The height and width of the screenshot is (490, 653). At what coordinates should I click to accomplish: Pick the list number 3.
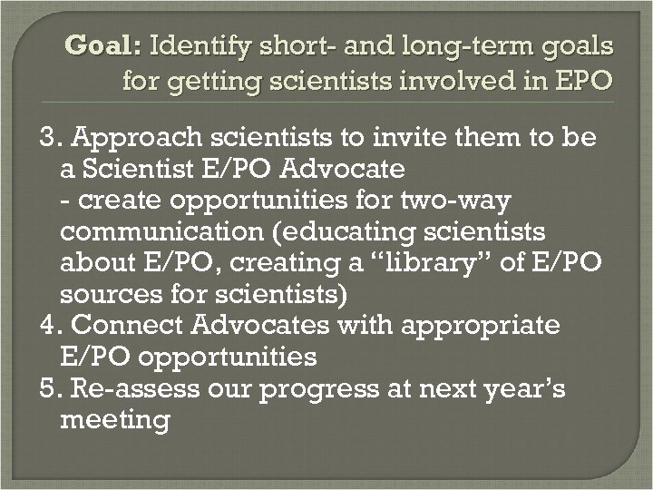click(50, 139)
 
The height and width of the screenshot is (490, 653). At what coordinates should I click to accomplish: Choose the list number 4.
click(50, 325)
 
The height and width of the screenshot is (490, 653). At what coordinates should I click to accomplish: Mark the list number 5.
click(50, 388)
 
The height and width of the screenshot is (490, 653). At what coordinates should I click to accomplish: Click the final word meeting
click(113, 420)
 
